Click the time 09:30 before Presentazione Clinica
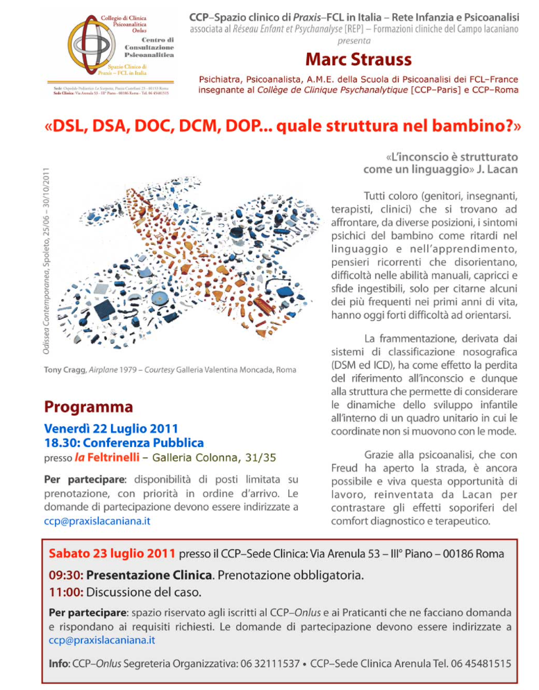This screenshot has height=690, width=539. tap(65, 575)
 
